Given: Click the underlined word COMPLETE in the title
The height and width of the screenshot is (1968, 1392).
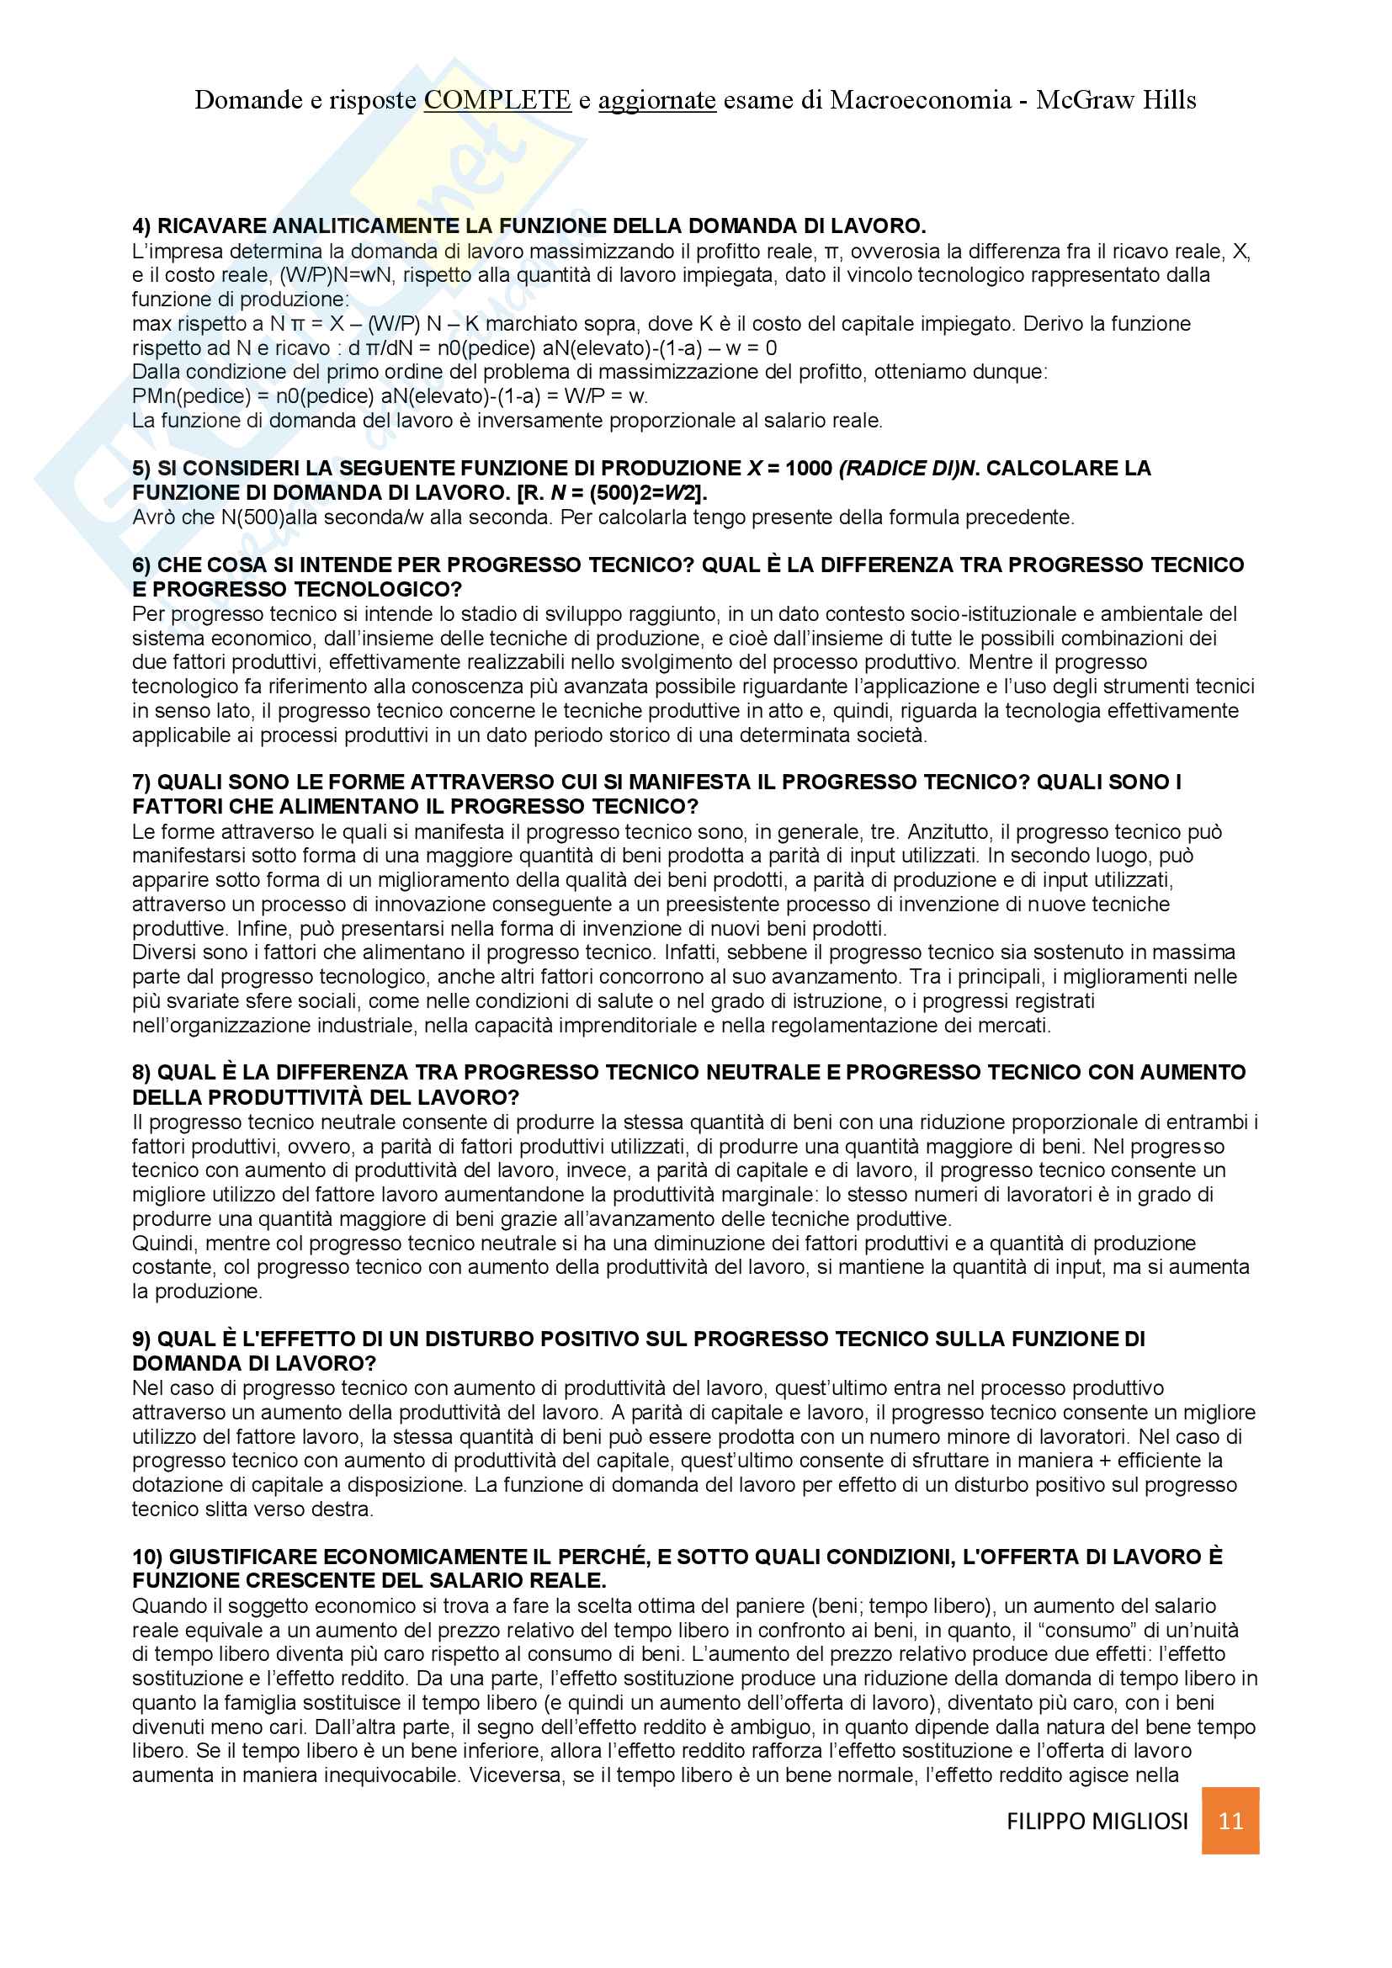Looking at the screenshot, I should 497,100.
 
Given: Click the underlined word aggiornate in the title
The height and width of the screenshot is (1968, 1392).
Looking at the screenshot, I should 656,100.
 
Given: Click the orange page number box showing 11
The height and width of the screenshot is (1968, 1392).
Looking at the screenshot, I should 1230,1821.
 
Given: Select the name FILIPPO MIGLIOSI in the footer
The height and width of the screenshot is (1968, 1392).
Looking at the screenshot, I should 1097,1822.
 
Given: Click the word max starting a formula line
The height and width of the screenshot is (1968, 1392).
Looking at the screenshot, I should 151,324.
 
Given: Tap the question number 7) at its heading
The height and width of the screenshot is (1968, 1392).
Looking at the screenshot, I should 141,782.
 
